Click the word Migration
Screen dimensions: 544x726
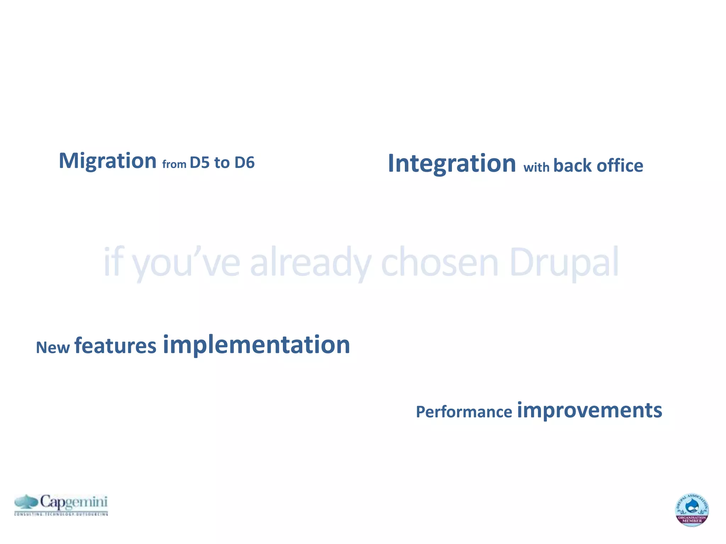pos(107,161)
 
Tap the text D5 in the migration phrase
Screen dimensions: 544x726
pos(200,163)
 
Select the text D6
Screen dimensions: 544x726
pos(244,163)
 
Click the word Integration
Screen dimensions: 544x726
pos(452,164)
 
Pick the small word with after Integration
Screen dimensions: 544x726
pos(536,167)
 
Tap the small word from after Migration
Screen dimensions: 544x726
pos(174,164)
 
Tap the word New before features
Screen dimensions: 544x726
pos(53,347)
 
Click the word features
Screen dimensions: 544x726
pos(115,346)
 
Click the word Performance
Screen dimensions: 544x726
pos(464,412)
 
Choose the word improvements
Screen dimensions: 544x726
pos(589,410)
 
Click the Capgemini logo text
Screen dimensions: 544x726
pos(73,502)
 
